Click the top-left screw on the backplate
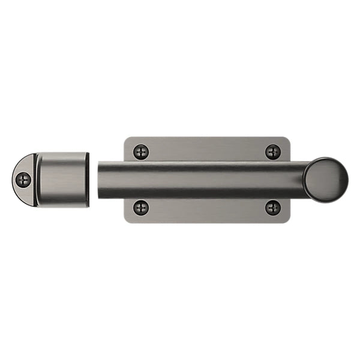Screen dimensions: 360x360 (141, 151)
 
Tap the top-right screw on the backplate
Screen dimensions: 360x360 (273, 151)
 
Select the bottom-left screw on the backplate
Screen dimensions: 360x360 (141, 208)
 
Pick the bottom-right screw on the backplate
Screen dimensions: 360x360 (273, 208)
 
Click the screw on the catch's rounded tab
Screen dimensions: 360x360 (23, 179)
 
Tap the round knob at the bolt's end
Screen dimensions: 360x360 (325, 179)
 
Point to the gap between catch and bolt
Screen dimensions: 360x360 (94, 180)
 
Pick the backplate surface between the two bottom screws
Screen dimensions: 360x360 (207, 210)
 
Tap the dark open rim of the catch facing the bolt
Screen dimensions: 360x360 (88, 180)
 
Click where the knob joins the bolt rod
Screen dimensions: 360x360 (305, 180)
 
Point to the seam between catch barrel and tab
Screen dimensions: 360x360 (36, 180)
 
